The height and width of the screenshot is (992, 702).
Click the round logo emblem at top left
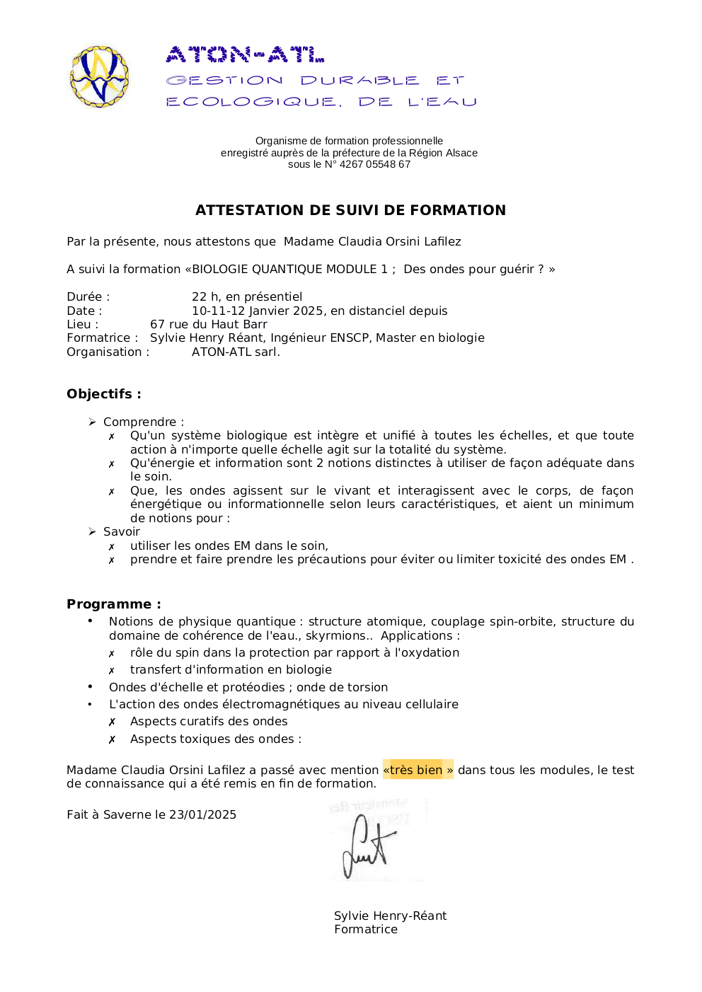click(x=100, y=76)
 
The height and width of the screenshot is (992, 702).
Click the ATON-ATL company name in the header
click(x=245, y=54)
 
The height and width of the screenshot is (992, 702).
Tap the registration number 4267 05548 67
click(x=375, y=165)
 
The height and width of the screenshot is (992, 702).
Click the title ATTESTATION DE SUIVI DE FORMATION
click(x=350, y=210)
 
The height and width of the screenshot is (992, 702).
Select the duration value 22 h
click(x=205, y=297)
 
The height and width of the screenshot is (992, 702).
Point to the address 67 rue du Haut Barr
click(x=209, y=325)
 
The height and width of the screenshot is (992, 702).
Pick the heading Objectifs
click(x=103, y=394)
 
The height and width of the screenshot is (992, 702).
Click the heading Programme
click(x=113, y=604)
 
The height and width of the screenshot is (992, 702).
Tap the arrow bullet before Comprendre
click(x=92, y=422)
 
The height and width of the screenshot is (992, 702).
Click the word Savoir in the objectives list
click(x=122, y=532)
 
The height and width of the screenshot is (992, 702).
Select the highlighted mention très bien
click(x=418, y=770)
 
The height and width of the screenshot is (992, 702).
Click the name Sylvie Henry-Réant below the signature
click(x=390, y=916)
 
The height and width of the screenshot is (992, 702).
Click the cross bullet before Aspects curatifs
click(x=112, y=722)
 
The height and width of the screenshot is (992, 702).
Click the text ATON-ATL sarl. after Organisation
click(x=236, y=352)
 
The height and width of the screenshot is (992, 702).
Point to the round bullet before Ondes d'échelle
click(x=90, y=686)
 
